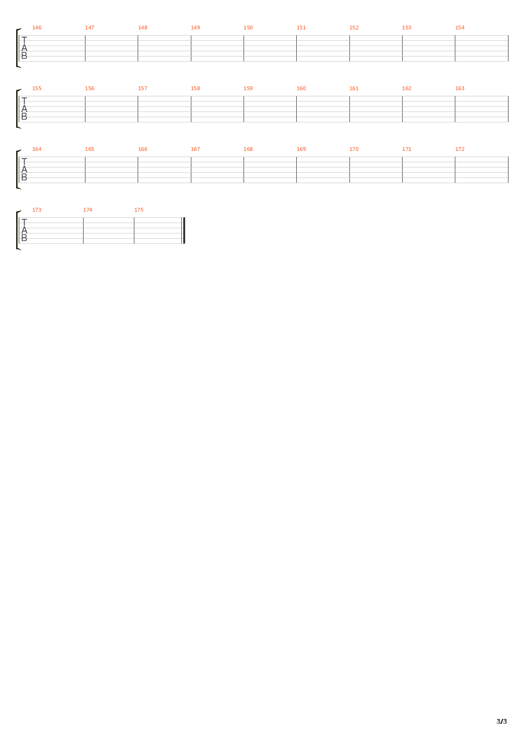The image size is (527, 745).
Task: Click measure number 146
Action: [x=37, y=28]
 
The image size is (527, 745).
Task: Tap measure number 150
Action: [x=248, y=28]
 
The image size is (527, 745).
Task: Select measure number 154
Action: [x=460, y=28]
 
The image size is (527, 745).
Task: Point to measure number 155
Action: [x=37, y=88]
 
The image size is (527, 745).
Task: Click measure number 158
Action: [x=195, y=88]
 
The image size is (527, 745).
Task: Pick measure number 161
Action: [x=354, y=88]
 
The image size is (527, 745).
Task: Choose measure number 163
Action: [x=460, y=88]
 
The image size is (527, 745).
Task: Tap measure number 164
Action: [x=37, y=149]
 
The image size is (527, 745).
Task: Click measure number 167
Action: [x=195, y=149]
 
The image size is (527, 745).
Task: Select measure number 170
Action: [x=354, y=149]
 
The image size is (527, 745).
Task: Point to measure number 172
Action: [x=460, y=149]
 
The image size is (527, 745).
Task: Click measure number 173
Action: [x=37, y=210]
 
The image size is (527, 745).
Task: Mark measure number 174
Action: [x=87, y=210]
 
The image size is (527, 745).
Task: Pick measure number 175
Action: [x=139, y=210]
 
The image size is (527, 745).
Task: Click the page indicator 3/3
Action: [x=501, y=721]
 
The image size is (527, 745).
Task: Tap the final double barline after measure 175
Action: [x=184, y=231]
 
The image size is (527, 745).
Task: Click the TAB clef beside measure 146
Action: [x=24, y=48]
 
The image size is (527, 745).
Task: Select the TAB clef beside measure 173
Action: [x=24, y=231]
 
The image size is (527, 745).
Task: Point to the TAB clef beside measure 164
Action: [x=24, y=170]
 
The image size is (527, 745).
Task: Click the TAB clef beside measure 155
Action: [x=24, y=109]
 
